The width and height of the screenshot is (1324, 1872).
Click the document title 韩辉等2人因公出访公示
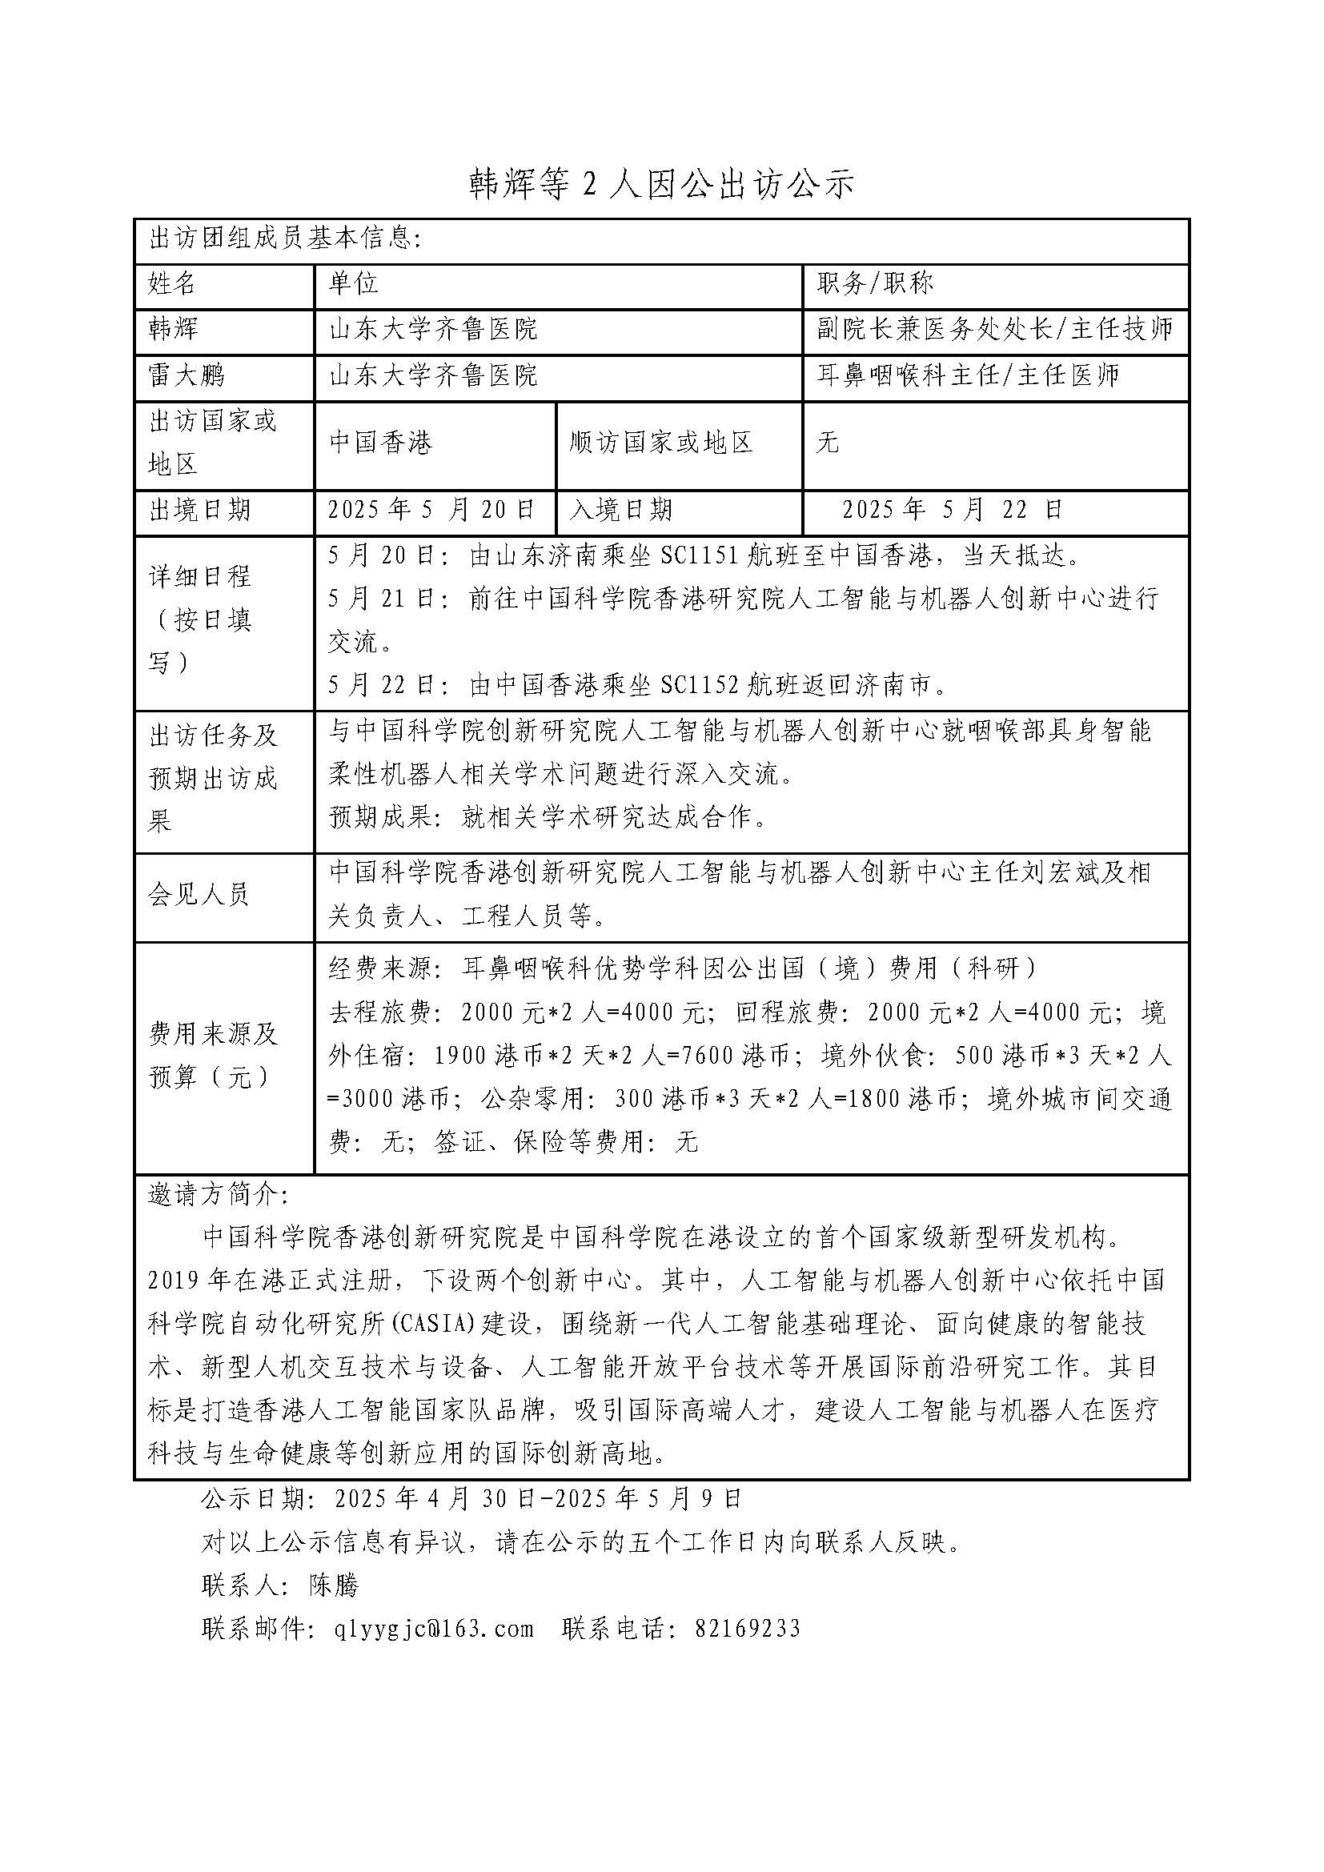pyautogui.click(x=661, y=185)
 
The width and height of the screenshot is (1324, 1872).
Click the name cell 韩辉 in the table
pyautogui.click(x=173, y=329)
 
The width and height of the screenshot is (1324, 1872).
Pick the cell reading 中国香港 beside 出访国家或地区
pyautogui.click(x=381, y=443)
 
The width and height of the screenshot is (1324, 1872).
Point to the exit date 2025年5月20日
pyautogui.click(x=431, y=510)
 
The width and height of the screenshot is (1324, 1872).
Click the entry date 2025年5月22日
pyautogui.click(x=953, y=510)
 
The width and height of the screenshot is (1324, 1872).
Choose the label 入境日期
pyautogui.click(x=621, y=510)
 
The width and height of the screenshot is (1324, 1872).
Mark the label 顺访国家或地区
pyautogui.click(x=661, y=443)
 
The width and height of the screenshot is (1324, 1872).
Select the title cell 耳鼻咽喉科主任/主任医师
pyautogui.click(x=968, y=376)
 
